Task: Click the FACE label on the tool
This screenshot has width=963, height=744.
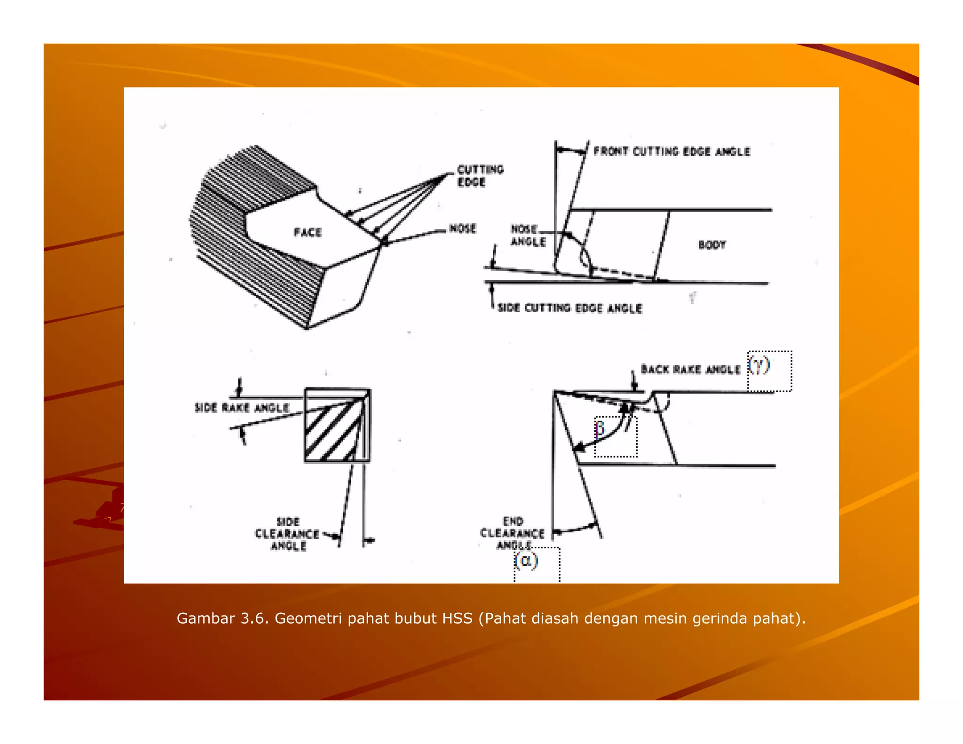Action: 308,232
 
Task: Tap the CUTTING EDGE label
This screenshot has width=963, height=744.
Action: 480,175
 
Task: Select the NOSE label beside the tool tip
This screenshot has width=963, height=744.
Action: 462,229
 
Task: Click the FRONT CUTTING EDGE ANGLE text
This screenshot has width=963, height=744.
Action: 671,151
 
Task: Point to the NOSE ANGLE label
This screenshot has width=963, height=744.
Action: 528,235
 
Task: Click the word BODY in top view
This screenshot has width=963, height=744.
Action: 711,245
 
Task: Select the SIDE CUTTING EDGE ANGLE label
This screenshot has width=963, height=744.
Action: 569,308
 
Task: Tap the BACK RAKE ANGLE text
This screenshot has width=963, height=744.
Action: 690,370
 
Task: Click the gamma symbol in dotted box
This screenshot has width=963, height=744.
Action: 759,365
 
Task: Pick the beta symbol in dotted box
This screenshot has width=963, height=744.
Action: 600,428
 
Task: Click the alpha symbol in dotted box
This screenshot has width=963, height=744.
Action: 526,561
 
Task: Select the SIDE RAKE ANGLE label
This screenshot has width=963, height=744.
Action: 242,408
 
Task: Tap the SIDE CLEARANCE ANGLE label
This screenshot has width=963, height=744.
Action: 287,534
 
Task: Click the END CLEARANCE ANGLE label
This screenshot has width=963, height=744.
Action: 513,533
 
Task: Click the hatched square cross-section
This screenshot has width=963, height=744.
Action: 337,426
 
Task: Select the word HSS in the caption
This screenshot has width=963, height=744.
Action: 457,618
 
